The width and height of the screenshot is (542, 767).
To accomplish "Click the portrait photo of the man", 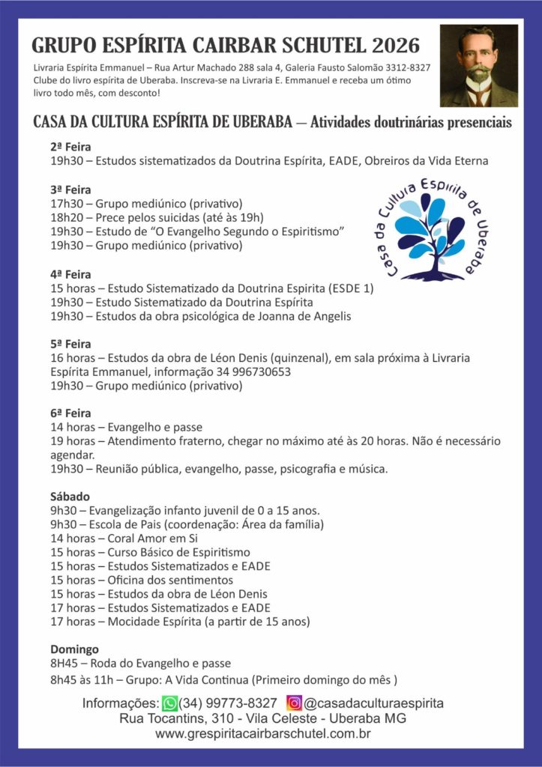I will click(478, 66).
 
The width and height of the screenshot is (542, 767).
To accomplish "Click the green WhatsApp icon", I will click(170, 703).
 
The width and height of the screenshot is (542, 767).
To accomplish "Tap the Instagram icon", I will click(295, 703).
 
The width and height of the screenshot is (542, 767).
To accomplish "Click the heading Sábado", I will click(70, 496).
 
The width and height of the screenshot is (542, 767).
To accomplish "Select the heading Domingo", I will click(74, 649).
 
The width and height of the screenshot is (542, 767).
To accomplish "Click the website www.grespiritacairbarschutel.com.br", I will click(263, 734).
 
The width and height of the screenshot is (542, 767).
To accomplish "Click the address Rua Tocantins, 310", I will click(179, 719).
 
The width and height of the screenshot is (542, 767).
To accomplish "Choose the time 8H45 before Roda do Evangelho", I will click(65, 663).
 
